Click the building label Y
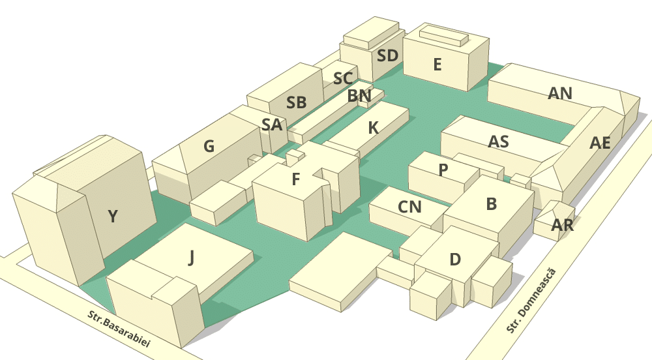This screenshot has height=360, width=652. pos(113,217)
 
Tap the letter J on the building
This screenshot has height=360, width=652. pos(191,258)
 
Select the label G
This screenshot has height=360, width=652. pos(209,146)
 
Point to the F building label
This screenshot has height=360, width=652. pos(295,179)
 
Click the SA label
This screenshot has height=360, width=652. pos(272,125)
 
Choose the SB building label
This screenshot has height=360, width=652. pos(297,102)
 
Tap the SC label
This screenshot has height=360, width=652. pos(343,78)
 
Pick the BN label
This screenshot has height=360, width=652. pos(359,96)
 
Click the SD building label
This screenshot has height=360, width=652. pos(387,55)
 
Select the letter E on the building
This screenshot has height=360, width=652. pos(437,65)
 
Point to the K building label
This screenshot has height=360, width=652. pos(374,128)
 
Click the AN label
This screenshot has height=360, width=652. pos(560,93)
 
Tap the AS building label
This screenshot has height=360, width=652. pos(498,142)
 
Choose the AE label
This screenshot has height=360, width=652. pos(600,143)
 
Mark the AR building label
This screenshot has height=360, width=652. pos(562,225)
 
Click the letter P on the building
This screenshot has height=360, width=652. pos(443,170)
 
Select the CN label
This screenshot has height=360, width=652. pos(409,207)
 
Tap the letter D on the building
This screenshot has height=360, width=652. pos(455,260)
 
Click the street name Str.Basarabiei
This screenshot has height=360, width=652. pos(119,329)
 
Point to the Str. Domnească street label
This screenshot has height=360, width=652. pos(531,301)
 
